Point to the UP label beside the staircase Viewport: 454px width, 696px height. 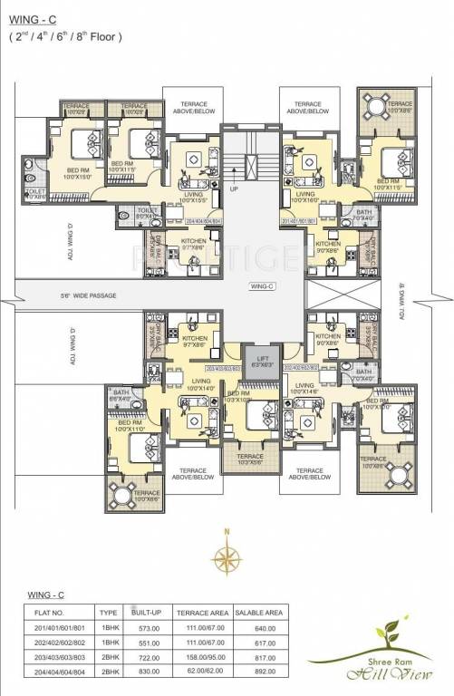(x=233, y=189)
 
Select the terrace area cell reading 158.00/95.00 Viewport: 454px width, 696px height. (x=203, y=660)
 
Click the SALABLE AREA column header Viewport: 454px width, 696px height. (x=261, y=614)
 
